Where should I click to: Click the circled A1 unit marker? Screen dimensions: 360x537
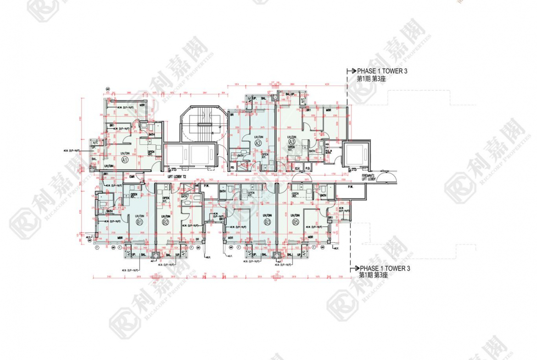(124, 160)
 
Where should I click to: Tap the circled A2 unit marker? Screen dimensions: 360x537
(257, 143)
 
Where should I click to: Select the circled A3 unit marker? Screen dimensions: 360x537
(291, 142)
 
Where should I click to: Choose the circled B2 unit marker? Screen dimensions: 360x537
(166, 222)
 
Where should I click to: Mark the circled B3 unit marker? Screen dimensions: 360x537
(268, 222)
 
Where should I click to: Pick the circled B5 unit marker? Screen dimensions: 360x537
(296, 222)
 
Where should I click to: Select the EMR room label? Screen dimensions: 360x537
(132, 176)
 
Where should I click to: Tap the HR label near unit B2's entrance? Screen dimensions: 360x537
(197, 185)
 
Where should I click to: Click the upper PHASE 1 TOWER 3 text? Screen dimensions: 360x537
(382, 72)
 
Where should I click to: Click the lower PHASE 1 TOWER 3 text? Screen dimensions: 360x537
(385, 269)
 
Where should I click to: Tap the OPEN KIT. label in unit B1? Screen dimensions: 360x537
(134, 195)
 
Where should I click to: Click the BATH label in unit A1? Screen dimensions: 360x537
(151, 134)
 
